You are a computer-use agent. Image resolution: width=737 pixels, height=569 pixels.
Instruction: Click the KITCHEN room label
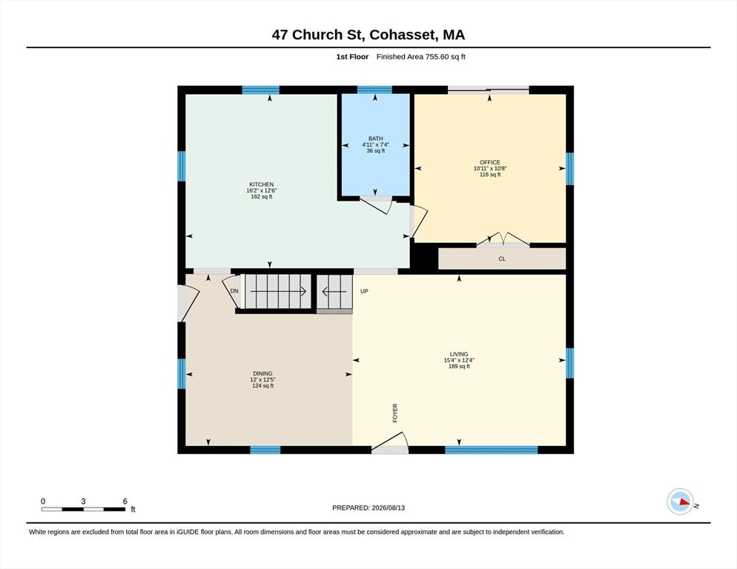(261, 184)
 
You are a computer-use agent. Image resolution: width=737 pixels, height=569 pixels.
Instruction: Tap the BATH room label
(376, 139)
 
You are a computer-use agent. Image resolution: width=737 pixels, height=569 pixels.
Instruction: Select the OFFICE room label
(490, 162)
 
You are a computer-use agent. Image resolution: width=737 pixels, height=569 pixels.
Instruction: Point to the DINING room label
(262, 373)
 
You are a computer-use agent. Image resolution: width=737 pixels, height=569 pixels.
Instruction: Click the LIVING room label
(459, 354)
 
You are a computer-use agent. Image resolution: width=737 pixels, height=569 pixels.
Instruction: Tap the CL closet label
(502, 259)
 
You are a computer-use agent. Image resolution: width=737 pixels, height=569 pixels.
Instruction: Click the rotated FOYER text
(394, 413)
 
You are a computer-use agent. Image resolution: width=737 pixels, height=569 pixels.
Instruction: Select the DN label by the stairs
(234, 291)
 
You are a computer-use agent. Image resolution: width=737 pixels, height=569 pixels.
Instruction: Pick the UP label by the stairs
(364, 291)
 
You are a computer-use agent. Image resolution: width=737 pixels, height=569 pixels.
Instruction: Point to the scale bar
(83, 509)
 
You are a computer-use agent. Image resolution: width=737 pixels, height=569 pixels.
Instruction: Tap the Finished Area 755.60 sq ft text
(420, 57)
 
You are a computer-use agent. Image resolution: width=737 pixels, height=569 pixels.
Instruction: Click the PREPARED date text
(368, 508)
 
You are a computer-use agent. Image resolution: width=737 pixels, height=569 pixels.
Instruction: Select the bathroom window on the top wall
(374, 90)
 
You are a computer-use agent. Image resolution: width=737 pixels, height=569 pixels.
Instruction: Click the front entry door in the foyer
(390, 443)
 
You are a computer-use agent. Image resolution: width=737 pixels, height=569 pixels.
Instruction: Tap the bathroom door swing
(377, 205)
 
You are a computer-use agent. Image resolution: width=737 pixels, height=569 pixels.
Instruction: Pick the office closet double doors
(503, 239)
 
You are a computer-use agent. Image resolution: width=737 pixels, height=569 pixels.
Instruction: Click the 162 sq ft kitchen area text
(261, 197)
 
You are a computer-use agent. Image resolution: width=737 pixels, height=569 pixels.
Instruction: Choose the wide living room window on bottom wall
(491, 450)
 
